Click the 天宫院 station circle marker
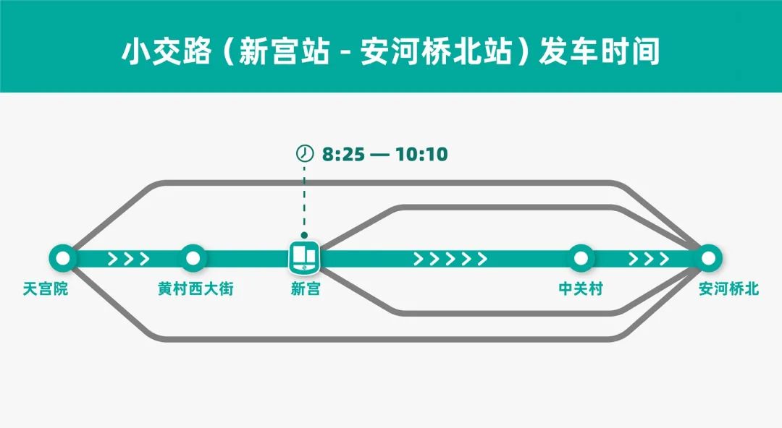63,257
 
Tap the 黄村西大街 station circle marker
193,257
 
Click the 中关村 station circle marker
580,257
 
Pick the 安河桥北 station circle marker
709,257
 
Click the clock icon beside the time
305,154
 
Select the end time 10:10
421,154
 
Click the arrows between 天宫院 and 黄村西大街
129,258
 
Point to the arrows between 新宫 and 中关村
450,258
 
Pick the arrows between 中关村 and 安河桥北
649,258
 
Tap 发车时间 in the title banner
599,53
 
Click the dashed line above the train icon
304,199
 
